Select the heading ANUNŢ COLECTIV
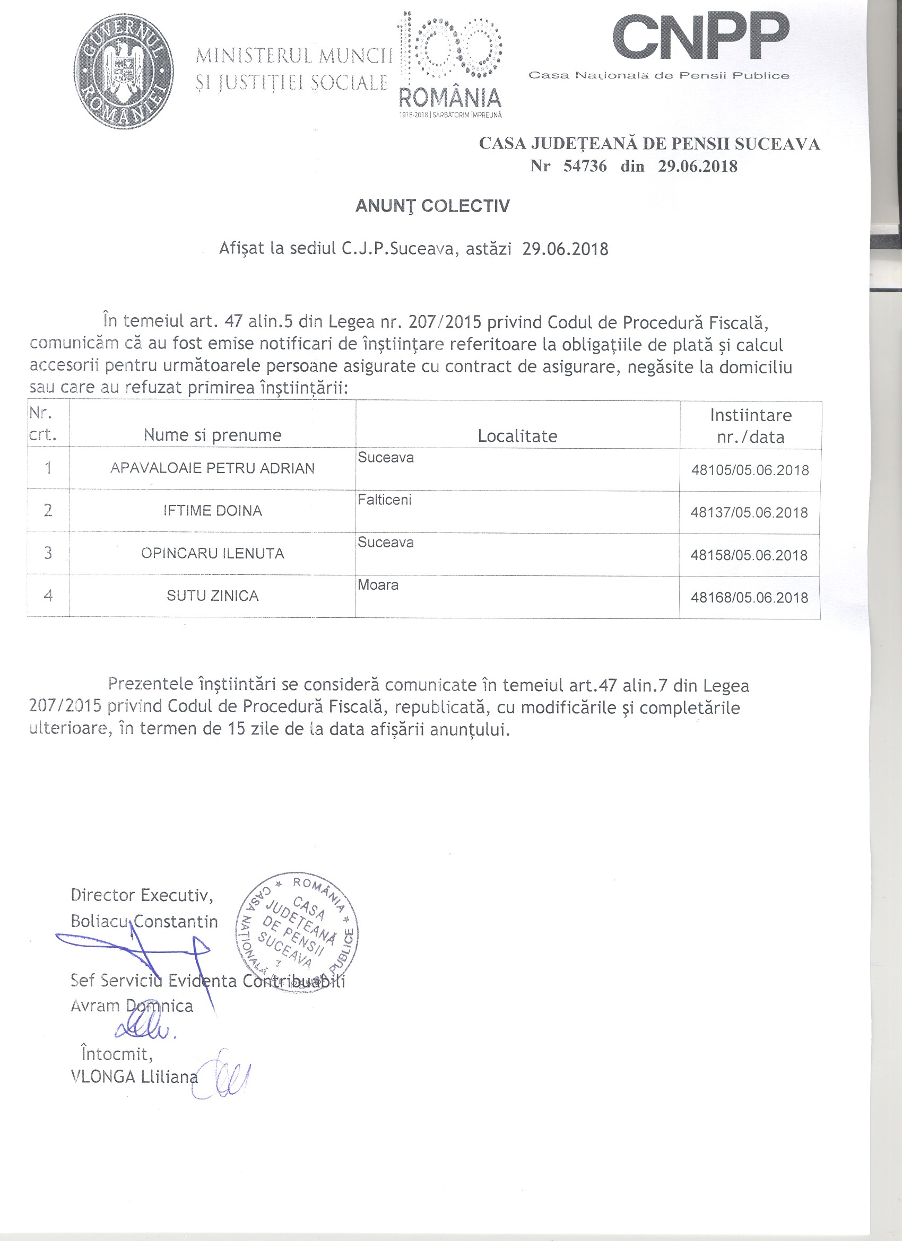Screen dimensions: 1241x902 pyautogui.click(x=432, y=206)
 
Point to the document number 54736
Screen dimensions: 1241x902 pyautogui.click(x=585, y=167)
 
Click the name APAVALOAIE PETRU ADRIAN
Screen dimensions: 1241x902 pyautogui.click(x=212, y=468)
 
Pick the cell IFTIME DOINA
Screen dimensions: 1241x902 pyautogui.click(x=212, y=511)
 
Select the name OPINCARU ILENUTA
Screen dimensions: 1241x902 pyautogui.click(x=212, y=554)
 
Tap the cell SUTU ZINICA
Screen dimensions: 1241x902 pyautogui.click(x=212, y=596)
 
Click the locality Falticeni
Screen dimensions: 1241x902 pyautogui.click(x=384, y=500)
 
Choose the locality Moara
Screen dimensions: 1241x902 pyautogui.click(x=378, y=585)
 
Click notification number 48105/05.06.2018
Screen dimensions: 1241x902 pyautogui.click(x=750, y=470)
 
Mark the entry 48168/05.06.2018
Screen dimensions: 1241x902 pyautogui.click(x=749, y=598)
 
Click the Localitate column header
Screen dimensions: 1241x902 pyautogui.click(x=517, y=436)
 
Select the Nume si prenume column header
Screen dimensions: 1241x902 pyautogui.click(x=212, y=435)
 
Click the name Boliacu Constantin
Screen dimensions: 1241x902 pyautogui.click(x=144, y=922)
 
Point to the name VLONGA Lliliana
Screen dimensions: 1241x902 pyautogui.click(x=134, y=1077)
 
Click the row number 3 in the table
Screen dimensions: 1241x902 pyautogui.click(x=48, y=553)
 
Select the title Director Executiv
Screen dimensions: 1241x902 pyautogui.click(x=142, y=896)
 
